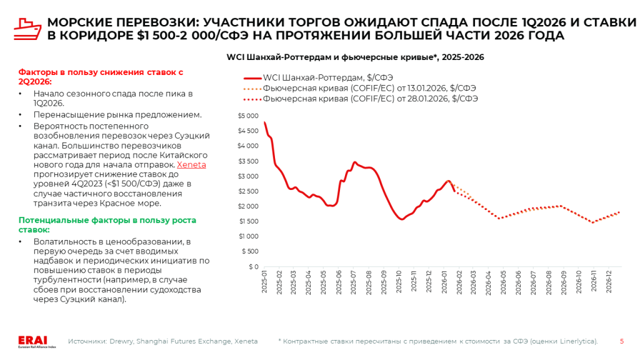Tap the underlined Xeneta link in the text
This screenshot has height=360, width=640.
click(x=191, y=165)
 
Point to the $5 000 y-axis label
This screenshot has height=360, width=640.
click(x=247, y=116)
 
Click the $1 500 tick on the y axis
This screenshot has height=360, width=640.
click(x=247, y=221)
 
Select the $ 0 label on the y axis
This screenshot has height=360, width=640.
click(x=252, y=266)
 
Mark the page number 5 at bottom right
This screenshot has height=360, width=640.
click(x=621, y=341)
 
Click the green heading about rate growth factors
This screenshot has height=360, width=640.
click(x=107, y=224)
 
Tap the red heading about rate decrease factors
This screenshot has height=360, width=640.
click(x=101, y=76)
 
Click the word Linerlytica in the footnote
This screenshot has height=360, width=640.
click(x=577, y=341)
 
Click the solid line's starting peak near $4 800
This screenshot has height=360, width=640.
click(x=265, y=122)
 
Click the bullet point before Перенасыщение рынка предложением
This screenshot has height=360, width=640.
click(x=21, y=115)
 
